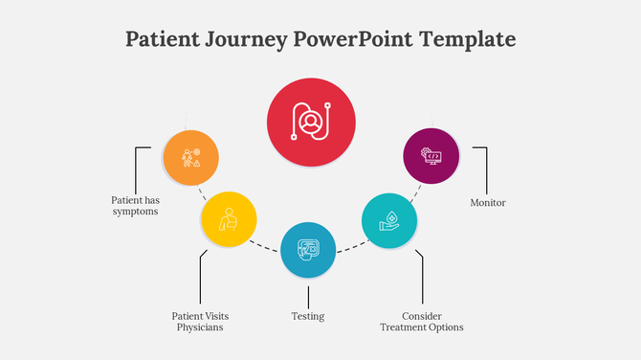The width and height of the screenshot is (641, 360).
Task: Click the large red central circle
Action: click(x=311, y=123)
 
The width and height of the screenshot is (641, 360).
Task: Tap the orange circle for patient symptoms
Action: click(x=190, y=157)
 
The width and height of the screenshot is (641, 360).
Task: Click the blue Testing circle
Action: click(x=308, y=251)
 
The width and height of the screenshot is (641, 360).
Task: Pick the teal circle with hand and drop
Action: click(x=390, y=220)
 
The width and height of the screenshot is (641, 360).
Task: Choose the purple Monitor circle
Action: click(x=431, y=156)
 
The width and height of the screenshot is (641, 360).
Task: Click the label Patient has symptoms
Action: click(x=134, y=206)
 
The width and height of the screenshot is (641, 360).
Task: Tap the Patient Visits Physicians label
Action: click(x=200, y=322)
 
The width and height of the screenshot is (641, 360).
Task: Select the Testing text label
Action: click(x=308, y=316)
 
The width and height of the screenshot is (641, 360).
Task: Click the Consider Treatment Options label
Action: click(x=421, y=322)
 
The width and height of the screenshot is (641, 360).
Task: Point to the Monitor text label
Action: click(x=488, y=203)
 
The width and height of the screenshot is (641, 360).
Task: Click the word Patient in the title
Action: click(x=163, y=39)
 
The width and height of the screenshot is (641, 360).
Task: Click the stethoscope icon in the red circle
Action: click(x=311, y=122)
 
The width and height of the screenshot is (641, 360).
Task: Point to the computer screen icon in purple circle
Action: click(x=432, y=156)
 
